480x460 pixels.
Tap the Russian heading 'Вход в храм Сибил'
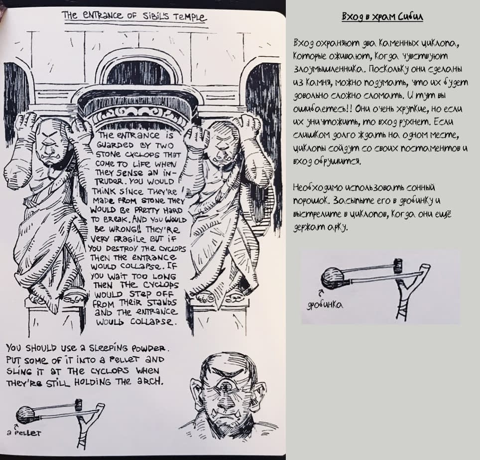(x=382, y=17)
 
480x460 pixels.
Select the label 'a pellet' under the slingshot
(x=24, y=433)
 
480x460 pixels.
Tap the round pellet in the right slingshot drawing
(x=332, y=278)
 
